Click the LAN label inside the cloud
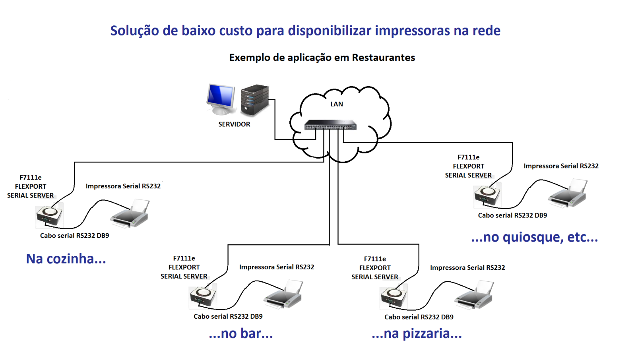[336, 104]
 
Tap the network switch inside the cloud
[330, 125]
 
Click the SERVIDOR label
[234, 124]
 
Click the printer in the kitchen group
[130, 215]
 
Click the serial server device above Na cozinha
[49, 215]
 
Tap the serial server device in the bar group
[203, 296]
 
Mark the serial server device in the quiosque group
[487, 195]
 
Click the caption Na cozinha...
[66, 259]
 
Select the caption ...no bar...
[241, 333]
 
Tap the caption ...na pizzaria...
[417, 333]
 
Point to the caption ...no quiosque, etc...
[534, 237]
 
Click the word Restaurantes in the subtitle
[383, 58]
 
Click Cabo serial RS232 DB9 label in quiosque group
[512, 215]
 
